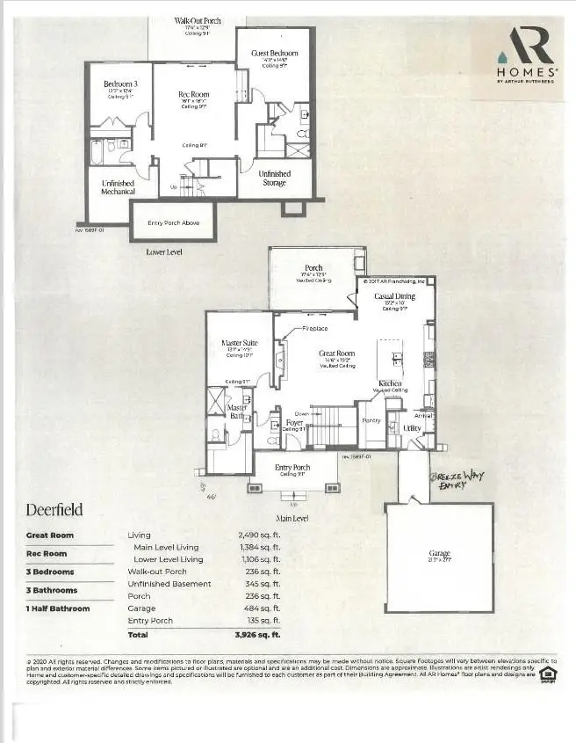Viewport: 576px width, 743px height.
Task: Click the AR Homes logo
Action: point(526,55)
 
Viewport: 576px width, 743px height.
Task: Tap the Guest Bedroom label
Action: point(275,53)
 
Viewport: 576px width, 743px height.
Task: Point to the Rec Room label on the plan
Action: point(193,94)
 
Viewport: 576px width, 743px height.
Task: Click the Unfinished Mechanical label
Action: point(118,186)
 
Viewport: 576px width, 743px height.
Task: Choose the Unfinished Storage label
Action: point(274,178)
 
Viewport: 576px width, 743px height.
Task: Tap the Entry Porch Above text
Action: point(173,223)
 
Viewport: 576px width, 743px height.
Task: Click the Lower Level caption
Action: point(163,251)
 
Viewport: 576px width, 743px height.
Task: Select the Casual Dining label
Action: point(394,296)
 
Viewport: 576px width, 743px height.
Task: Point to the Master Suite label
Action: point(238,343)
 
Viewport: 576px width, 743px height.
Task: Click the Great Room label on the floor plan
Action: point(335,353)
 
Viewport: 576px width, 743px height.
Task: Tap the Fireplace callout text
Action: point(315,328)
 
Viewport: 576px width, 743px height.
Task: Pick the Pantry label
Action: point(371,420)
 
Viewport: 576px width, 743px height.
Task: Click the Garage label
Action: point(440,553)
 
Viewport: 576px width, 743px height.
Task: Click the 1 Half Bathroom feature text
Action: point(58,608)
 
